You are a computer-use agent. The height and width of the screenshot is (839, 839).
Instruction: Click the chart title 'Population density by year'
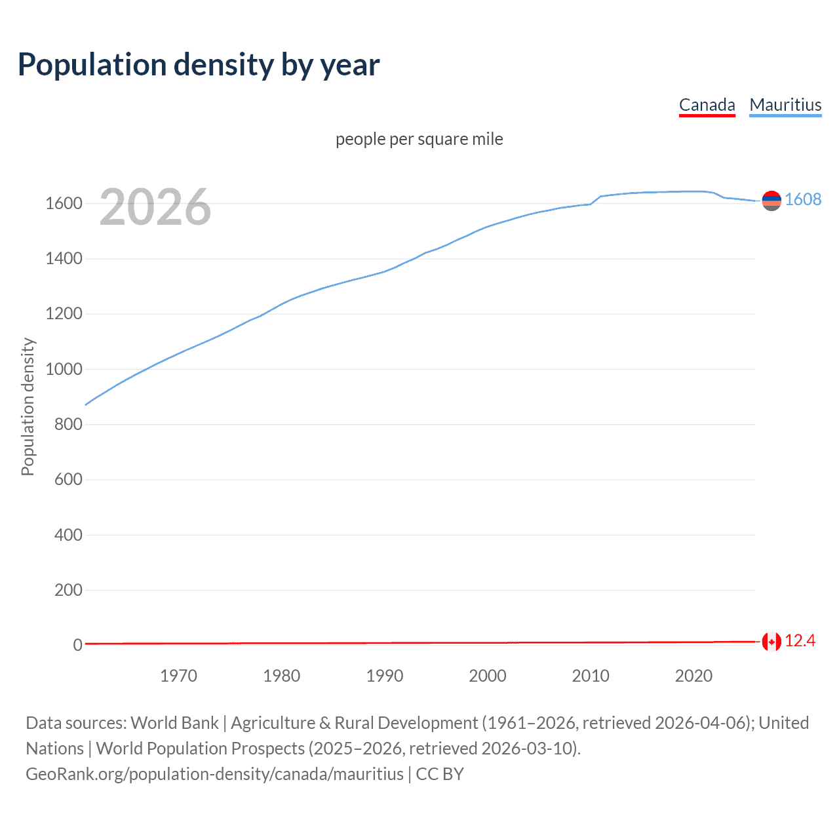tap(199, 65)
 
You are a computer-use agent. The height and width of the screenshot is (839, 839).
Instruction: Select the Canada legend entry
tap(707, 105)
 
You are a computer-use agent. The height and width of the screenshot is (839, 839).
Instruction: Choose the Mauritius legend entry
tap(785, 105)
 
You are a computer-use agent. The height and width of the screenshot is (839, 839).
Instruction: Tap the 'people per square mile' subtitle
tap(419, 139)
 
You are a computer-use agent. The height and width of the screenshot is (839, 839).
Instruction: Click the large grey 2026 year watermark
tap(155, 207)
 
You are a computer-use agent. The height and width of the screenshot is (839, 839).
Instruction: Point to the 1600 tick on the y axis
tap(64, 203)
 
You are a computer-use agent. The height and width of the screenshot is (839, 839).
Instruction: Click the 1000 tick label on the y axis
tap(64, 369)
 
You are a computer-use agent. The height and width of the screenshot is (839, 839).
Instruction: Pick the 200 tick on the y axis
tap(68, 590)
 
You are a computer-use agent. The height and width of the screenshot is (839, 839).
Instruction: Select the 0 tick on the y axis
tap(77, 645)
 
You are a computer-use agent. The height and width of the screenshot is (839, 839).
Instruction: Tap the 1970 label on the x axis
tap(178, 676)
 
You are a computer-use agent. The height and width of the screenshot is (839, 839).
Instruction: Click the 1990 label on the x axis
tap(385, 676)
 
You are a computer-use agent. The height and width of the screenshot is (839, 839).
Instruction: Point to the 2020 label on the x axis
tap(693, 676)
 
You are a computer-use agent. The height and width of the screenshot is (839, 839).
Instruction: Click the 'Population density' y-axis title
tap(28, 406)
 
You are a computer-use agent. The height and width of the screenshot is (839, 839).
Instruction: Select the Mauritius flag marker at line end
tap(771, 201)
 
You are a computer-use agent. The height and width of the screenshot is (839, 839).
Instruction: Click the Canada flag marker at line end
tap(771, 642)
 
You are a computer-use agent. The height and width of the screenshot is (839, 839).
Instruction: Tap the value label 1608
tap(803, 199)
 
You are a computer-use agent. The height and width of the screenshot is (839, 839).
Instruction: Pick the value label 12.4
tap(800, 641)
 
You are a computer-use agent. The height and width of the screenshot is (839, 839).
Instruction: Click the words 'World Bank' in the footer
tap(174, 723)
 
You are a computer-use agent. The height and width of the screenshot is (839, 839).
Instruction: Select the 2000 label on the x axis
tap(488, 676)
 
